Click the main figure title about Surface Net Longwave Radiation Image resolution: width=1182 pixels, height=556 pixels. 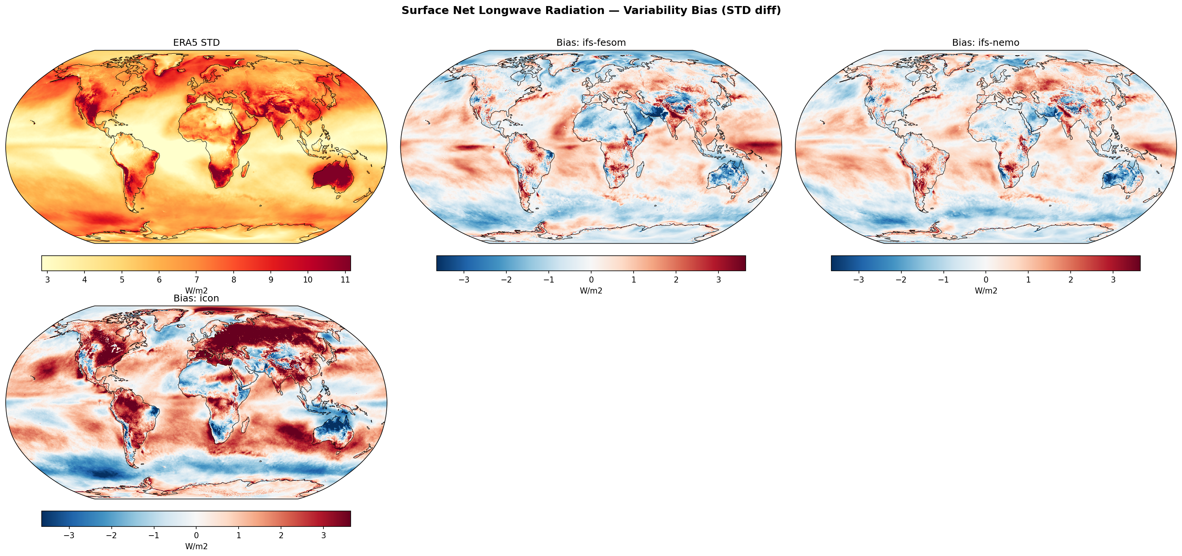[x=591, y=11]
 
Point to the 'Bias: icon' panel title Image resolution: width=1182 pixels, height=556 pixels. [x=197, y=298]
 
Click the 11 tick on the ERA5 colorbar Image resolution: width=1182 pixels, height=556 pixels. [x=345, y=280]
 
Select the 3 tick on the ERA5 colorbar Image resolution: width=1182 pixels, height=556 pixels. [x=47, y=280]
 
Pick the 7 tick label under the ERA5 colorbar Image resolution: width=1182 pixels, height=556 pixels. [x=197, y=280]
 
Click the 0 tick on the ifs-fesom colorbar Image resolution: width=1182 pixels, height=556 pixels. [x=591, y=280]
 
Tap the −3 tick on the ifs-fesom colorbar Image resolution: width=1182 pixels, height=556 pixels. [x=464, y=280]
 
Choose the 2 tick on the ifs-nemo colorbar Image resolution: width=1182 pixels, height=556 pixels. [x=1071, y=280]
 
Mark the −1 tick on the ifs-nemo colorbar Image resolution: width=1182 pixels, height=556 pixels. [x=943, y=280]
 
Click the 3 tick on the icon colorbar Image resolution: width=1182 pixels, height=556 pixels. [x=323, y=535]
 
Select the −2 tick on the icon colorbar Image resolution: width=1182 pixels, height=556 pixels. [x=111, y=535]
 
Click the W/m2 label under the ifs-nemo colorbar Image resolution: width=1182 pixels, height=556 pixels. [x=985, y=290]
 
